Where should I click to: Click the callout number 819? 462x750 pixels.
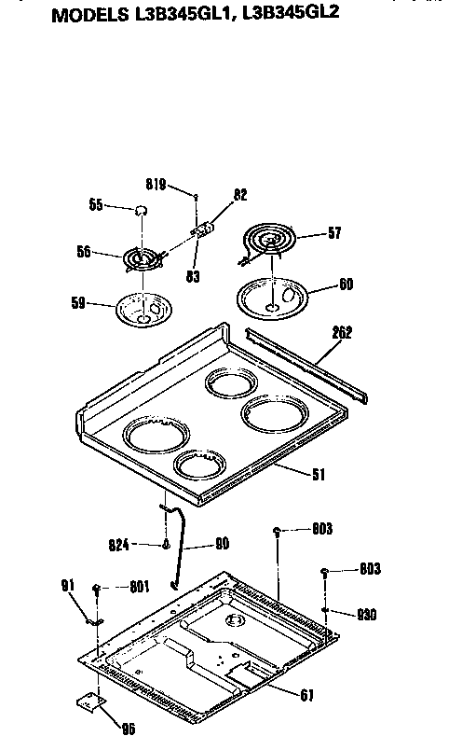[155, 185]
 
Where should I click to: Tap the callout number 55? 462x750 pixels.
[94, 206]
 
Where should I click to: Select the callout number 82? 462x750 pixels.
[240, 195]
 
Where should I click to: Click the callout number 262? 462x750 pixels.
[343, 331]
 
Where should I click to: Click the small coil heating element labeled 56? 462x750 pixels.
[141, 256]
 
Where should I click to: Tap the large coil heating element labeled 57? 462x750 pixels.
[269, 240]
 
